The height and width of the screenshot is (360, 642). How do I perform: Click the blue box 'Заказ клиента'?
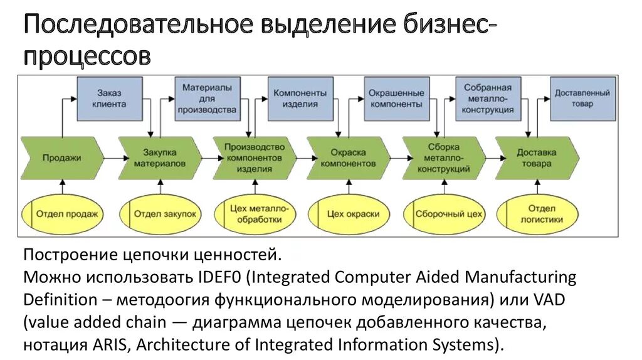pyautogui.click(x=110, y=98)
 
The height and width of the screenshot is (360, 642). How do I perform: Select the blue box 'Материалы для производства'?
pyautogui.click(x=207, y=98)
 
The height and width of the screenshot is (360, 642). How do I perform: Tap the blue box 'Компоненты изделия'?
pyautogui.click(x=300, y=98)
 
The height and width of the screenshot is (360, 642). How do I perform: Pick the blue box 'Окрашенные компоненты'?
pyautogui.click(x=396, y=98)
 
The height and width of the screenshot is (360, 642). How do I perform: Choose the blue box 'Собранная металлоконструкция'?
pyautogui.click(x=488, y=98)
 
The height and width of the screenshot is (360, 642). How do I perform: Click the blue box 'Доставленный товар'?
pyautogui.click(x=582, y=98)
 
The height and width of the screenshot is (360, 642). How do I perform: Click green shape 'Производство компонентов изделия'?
pyautogui.click(x=254, y=157)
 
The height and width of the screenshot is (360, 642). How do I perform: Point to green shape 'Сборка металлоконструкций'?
pyautogui.click(x=444, y=157)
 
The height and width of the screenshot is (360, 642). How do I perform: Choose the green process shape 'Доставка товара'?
pyautogui.click(x=537, y=157)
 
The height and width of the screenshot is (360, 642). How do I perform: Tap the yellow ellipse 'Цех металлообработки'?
pyautogui.click(x=255, y=214)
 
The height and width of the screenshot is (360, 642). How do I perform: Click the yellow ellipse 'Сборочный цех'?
pyautogui.click(x=447, y=214)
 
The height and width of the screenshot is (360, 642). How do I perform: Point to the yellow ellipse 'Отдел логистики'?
pyautogui.click(x=540, y=214)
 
